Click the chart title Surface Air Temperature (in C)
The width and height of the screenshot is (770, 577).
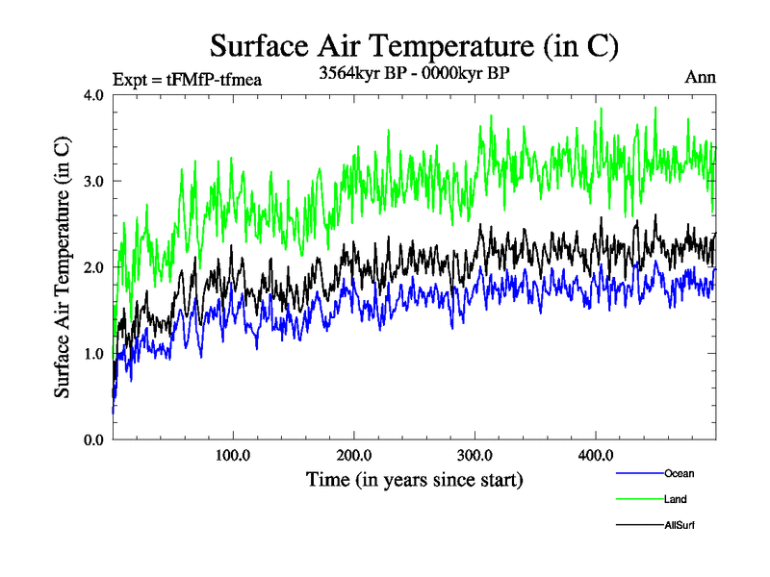414,45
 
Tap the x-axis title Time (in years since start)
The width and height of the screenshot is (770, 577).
414,478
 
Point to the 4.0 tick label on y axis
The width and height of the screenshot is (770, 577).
94,95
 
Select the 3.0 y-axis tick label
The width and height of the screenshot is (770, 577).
94,181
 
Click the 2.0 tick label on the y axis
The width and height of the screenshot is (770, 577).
94,267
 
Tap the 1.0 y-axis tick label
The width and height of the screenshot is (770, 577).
94,353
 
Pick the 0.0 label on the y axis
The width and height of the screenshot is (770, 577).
94,439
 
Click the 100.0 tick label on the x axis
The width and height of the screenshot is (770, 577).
233,455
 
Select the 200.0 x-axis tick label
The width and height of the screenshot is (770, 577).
354,455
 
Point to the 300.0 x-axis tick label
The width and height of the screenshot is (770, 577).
475,455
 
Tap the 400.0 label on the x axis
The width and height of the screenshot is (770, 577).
596,455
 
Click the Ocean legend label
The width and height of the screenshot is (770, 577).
679,473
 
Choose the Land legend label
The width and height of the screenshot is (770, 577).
675,499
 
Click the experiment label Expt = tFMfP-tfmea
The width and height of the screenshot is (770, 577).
187,79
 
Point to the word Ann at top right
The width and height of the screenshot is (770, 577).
700,77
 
